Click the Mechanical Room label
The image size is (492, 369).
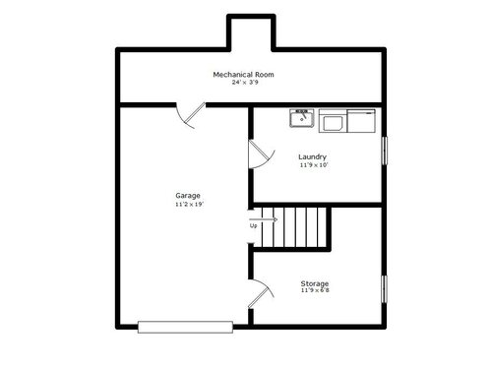pos(243,75)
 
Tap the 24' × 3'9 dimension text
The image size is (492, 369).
pos(245,83)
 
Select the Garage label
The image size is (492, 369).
pos(188,196)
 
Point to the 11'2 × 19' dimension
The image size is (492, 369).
pos(190,205)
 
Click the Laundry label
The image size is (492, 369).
pos(312,157)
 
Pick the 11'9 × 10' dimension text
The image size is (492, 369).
pos(314,165)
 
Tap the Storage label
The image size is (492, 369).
pos(315,283)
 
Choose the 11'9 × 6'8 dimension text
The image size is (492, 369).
pos(315,290)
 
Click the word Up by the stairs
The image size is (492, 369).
pos(253,226)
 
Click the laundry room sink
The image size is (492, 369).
pos(302,118)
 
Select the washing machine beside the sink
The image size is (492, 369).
pos(333,121)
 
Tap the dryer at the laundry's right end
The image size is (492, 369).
pos(361,121)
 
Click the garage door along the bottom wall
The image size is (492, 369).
pos(185,327)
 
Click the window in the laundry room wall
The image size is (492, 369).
pos(385,151)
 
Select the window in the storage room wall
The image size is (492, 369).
pos(384,289)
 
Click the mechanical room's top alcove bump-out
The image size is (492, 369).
pos(251,32)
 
